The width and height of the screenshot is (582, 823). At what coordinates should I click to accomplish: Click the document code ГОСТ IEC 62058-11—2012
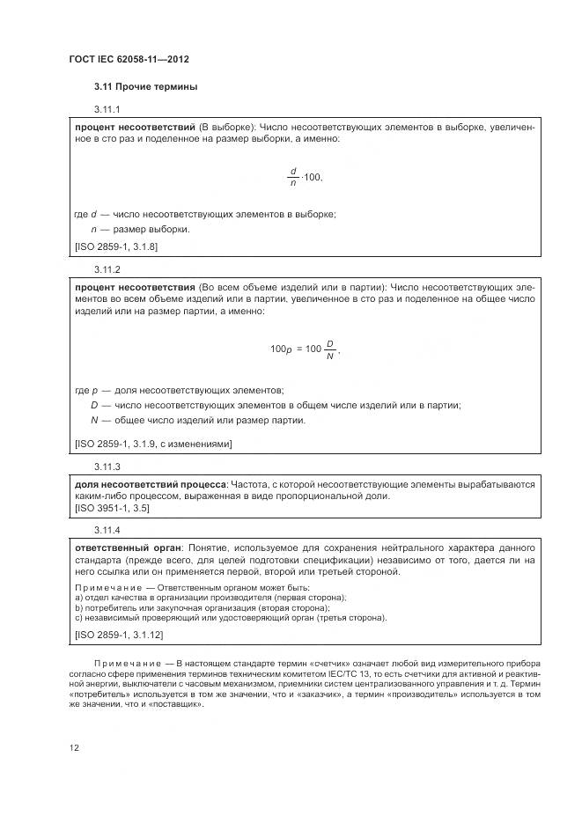pos(129,59)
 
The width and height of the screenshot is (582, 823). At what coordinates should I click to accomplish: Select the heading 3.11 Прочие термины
pos(145,87)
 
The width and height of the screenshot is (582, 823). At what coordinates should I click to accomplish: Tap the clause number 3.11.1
pos(107,110)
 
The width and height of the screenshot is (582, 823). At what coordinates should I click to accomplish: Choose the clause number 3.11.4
pos(107,530)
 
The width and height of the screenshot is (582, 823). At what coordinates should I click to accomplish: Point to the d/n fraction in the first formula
pos(293,176)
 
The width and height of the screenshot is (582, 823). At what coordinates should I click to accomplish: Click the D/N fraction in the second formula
pos(329,349)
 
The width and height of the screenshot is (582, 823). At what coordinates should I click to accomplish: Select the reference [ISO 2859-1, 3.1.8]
pos(116,246)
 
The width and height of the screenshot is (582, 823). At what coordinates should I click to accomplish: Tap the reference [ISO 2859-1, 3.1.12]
pos(119,634)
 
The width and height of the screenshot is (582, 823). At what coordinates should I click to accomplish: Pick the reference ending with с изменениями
pos(154,444)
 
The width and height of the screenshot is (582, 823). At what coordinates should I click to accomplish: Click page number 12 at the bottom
pos(75,747)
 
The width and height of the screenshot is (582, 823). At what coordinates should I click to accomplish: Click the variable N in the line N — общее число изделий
pos(93,420)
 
